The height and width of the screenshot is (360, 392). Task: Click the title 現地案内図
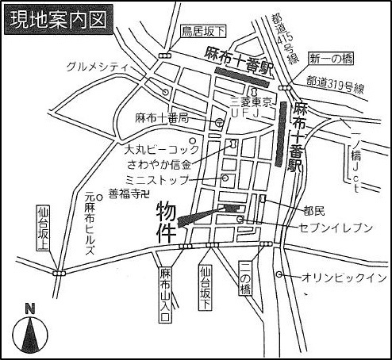pyautogui.click(x=57, y=19)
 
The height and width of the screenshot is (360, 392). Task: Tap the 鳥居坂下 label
pyautogui.click(x=203, y=33)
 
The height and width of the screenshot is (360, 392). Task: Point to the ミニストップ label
pyautogui.click(x=159, y=180)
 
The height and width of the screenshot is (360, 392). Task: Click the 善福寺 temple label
pyautogui.click(x=129, y=193)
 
